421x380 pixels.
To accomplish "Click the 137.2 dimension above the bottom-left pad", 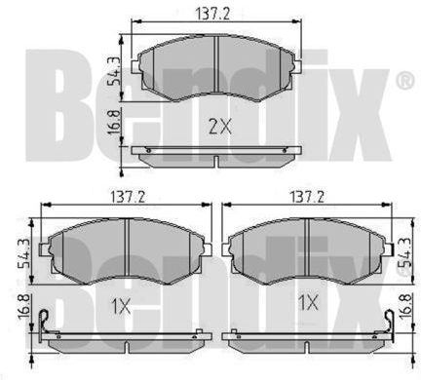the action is coord(128,197).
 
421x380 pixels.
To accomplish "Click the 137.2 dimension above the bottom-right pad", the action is coord(307,197).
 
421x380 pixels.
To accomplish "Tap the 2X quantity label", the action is coord(220,127).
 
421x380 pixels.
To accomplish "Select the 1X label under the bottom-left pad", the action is coord(121,306).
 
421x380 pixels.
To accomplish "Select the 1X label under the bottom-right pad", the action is coord(308,303).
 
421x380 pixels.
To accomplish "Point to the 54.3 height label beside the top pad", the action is coord(114,71).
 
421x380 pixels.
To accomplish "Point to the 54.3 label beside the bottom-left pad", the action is coord(23,253).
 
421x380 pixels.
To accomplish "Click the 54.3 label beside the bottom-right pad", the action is coord(406,253).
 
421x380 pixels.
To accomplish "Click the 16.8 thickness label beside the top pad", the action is coord(115,123).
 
